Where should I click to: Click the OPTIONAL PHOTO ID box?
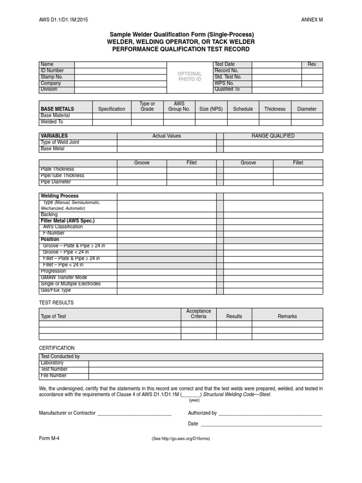point(189,76)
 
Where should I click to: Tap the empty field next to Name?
point(120,65)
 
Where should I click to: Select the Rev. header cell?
point(312,65)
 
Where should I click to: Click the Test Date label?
point(224,64)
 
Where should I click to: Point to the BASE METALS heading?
point(57,109)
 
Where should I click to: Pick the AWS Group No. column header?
point(179,106)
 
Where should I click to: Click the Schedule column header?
point(243,109)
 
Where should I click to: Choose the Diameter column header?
point(307,109)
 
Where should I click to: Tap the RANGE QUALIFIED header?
point(273,136)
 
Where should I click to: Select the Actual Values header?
point(166,136)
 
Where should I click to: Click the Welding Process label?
point(60,196)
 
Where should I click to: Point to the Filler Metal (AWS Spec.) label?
point(68,221)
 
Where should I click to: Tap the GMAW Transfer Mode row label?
point(64,277)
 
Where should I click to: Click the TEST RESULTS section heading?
point(56,302)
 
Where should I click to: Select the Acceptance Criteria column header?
point(198,314)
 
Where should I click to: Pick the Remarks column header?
point(287,316)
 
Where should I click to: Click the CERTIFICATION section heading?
point(57,348)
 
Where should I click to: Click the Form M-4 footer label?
point(49,437)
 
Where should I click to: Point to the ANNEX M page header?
point(312,20)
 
